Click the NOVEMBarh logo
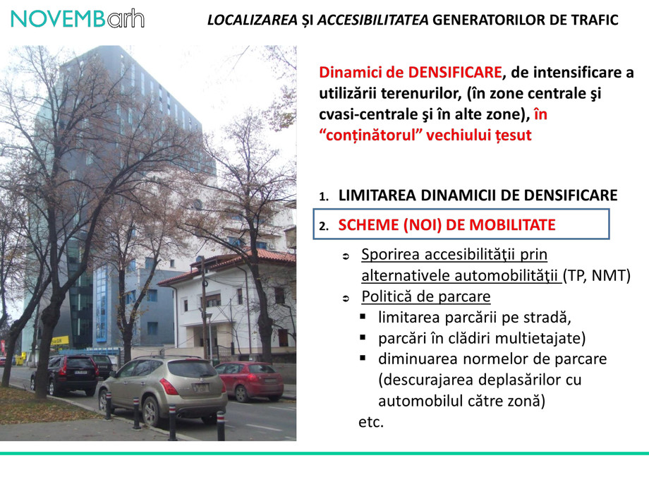(x=78, y=19)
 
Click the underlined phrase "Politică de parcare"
(x=425, y=296)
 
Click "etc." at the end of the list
(x=371, y=422)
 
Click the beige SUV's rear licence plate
(x=202, y=387)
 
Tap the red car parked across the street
(x=249, y=380)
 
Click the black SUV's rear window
(x=80, y=364)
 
